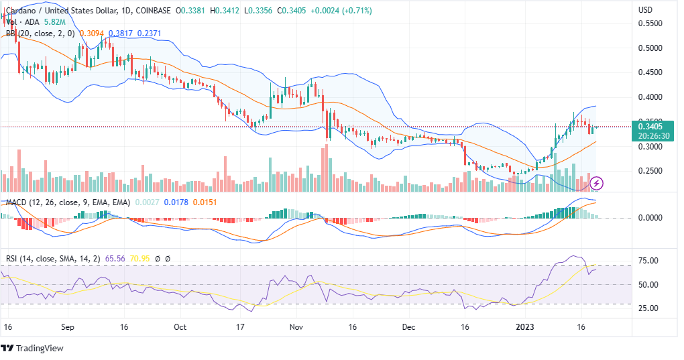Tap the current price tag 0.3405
(650, 126)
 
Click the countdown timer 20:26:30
(650, 135)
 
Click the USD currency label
(645, 10)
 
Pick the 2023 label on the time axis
(525, 328)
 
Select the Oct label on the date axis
(179, 328)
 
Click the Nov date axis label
(297, 328)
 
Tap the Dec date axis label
(410, 328)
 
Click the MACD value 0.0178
(176, 202)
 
